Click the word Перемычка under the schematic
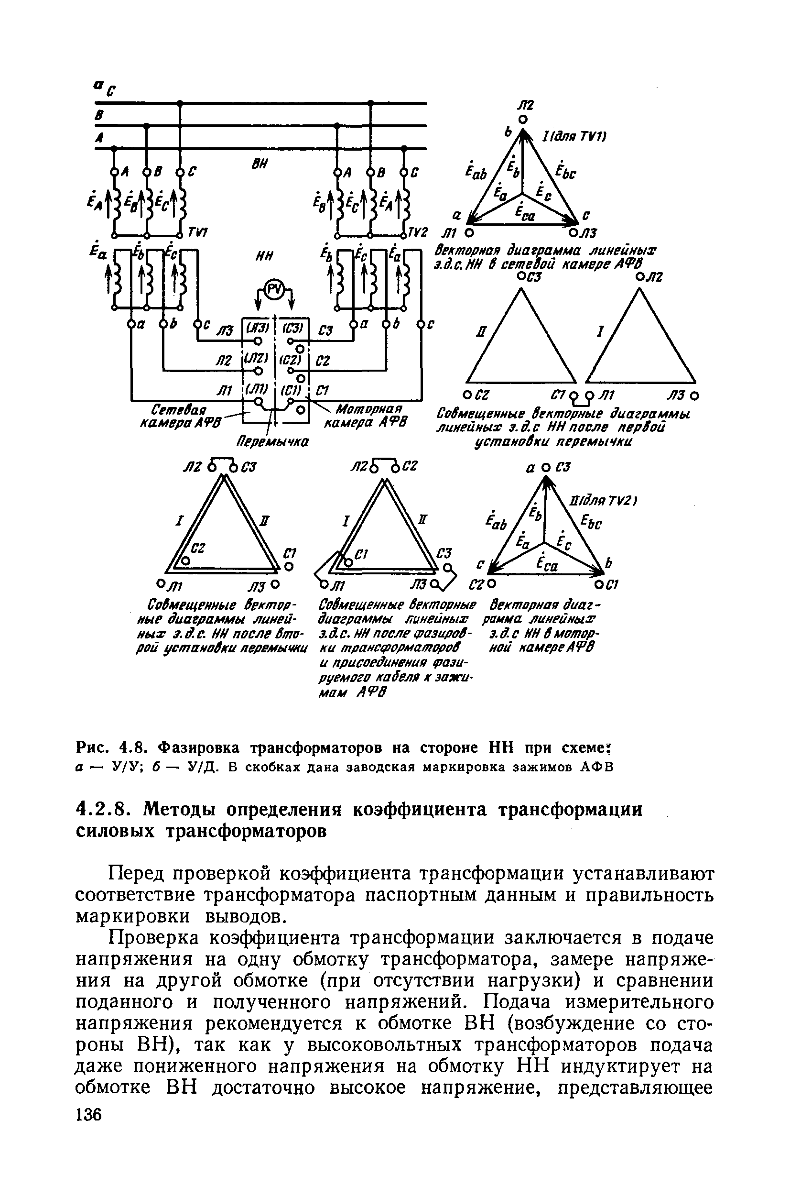(x=273, y=441)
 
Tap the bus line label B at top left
(x=100, y=115)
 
